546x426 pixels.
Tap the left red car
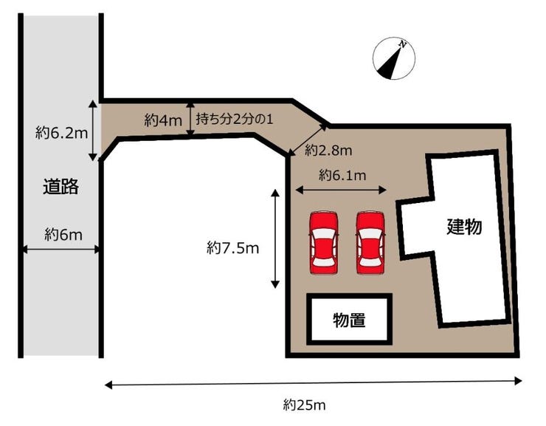pyautogui.click(x=323, y=241)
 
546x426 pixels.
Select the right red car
pyautogui.click(x=370, y=241)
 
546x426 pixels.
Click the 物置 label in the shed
pyautogui.click(x=349, y=320)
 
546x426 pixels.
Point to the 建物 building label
pyautogui.click(x=464, y=227)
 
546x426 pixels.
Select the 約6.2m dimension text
pyautogui.click(x=62, y=133)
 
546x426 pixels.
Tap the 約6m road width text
pyautogui.click(x=63, y=234)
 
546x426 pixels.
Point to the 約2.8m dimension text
pyautogui.click(x=328, y=150)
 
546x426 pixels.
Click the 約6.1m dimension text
pyautogui.click(x=342, y=175)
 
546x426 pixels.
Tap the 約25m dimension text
pyautogui.click(x=304, y=405)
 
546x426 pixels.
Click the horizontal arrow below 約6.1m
pyautogui.click(x=340, y=190)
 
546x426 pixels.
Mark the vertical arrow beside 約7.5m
pyautogui.click(x=275, y=238)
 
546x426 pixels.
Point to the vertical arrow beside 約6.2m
pyautogui.click(x=93, y=131)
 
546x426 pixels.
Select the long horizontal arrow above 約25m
pyautogui.click(x=313, y=382)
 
